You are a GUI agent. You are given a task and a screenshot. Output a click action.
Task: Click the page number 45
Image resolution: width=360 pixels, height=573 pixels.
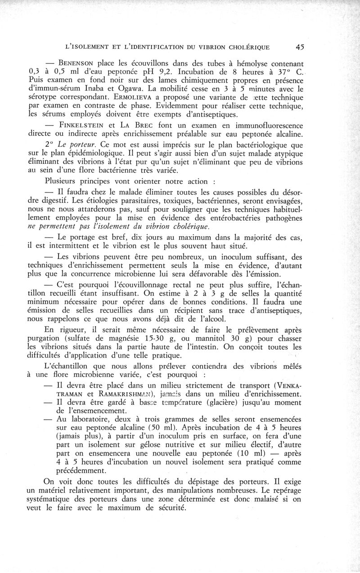(x=301, y=46)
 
